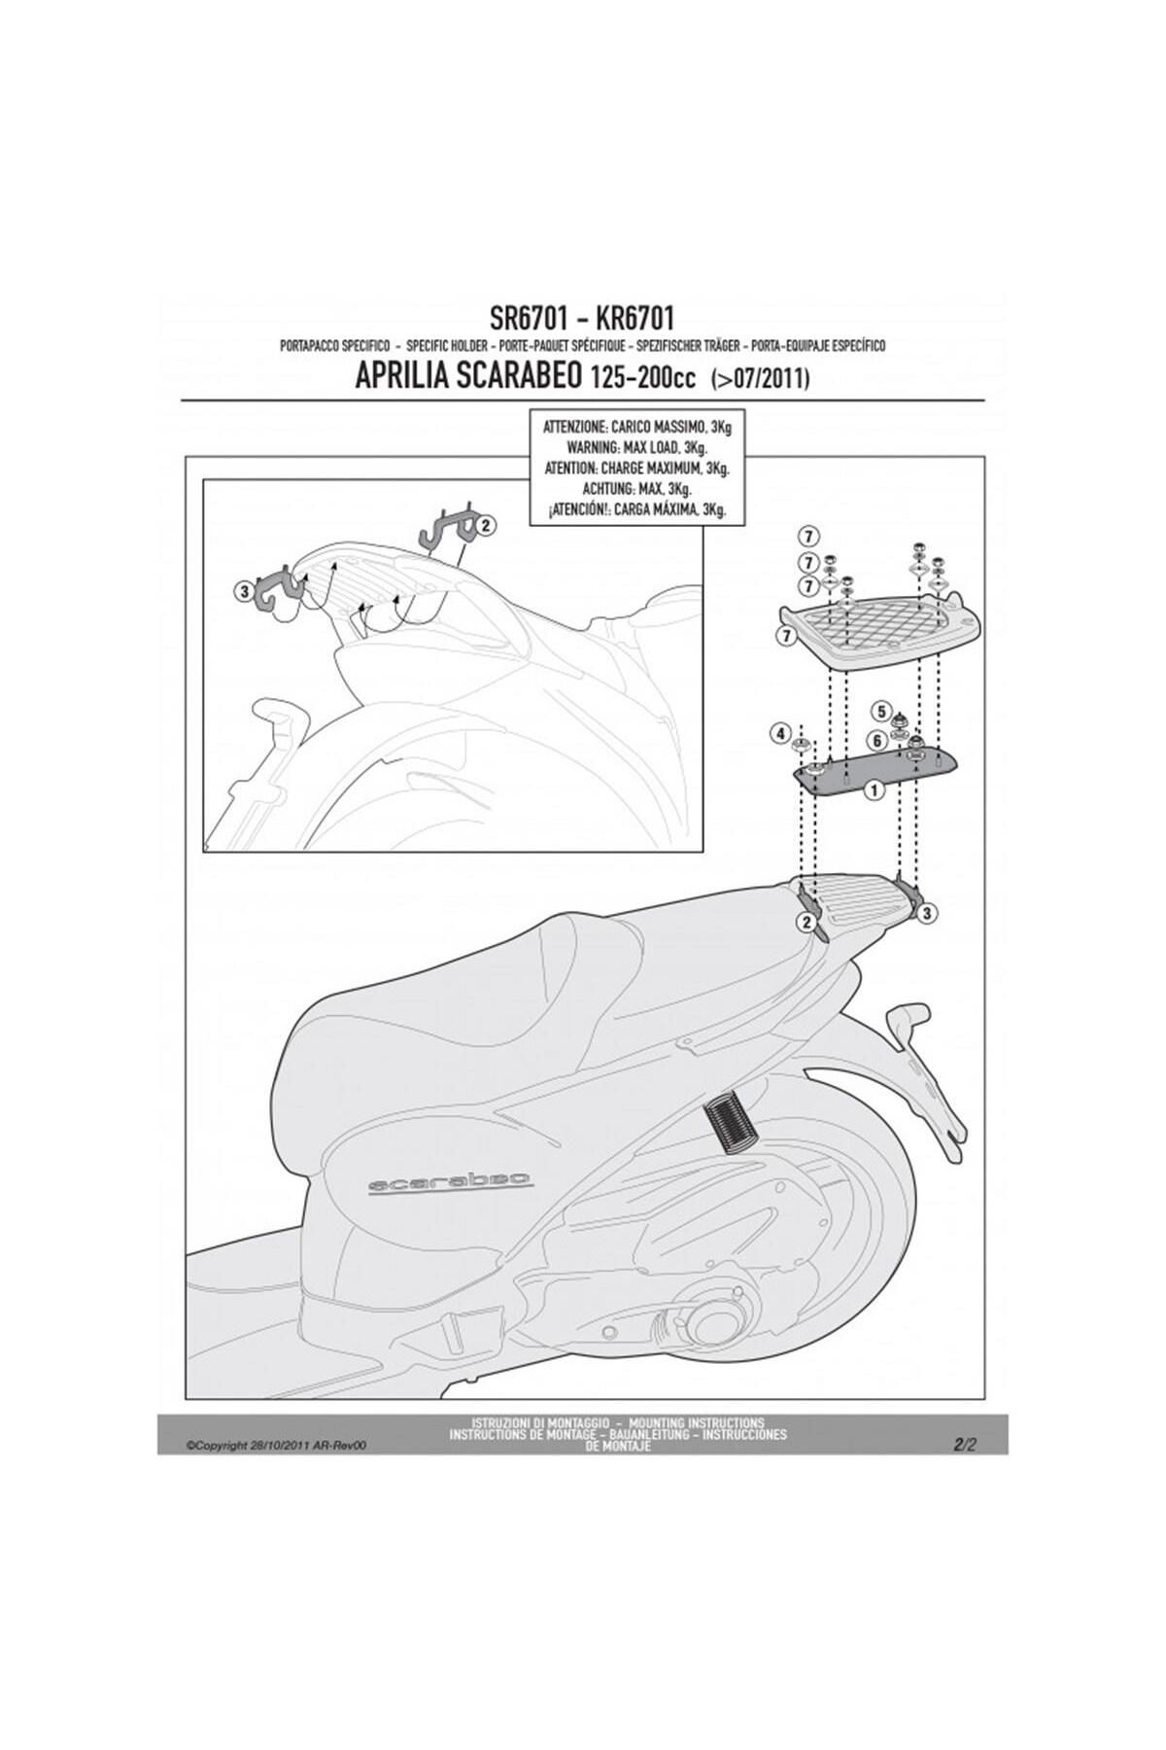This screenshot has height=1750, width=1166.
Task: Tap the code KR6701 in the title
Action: pyautogui.click(x=634, y=318)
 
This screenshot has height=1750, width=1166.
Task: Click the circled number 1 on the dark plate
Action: pyautogui.click(x=874, y=790)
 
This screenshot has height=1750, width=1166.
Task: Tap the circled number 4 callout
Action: pyautogui.click(x=780, y=734)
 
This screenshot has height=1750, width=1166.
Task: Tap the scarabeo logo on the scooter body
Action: pyautogui.click(x=450, y=1181)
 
